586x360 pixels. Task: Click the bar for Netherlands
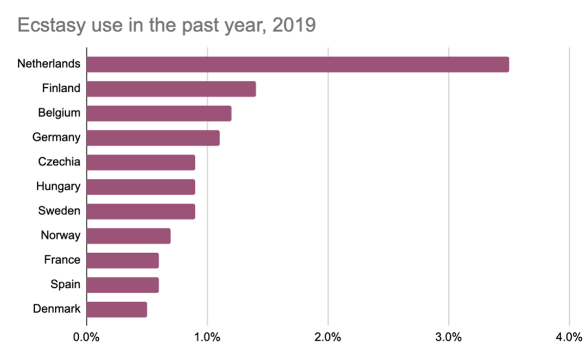(297, 64)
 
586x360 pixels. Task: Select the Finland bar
(171, 88)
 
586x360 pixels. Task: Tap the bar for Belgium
(158, 113)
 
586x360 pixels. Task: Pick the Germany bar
(152, 138)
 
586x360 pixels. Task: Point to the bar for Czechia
(141, 162)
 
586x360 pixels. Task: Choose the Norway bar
(128, 236)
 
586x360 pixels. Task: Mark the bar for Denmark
(116, 310)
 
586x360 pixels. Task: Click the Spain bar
(122, 285)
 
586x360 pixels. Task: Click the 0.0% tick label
(86, 337)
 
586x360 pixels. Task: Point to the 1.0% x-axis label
(207, 337)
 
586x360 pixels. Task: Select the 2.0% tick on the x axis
(327, 337)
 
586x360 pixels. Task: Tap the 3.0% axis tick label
(448, 337)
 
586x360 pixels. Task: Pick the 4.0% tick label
(568, 337)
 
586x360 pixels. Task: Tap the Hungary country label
(58, 187)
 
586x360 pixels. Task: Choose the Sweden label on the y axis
(59, 211)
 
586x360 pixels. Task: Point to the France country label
(62, 260)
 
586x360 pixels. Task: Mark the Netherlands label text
(49, 64)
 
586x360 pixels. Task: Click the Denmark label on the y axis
(56, 310)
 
